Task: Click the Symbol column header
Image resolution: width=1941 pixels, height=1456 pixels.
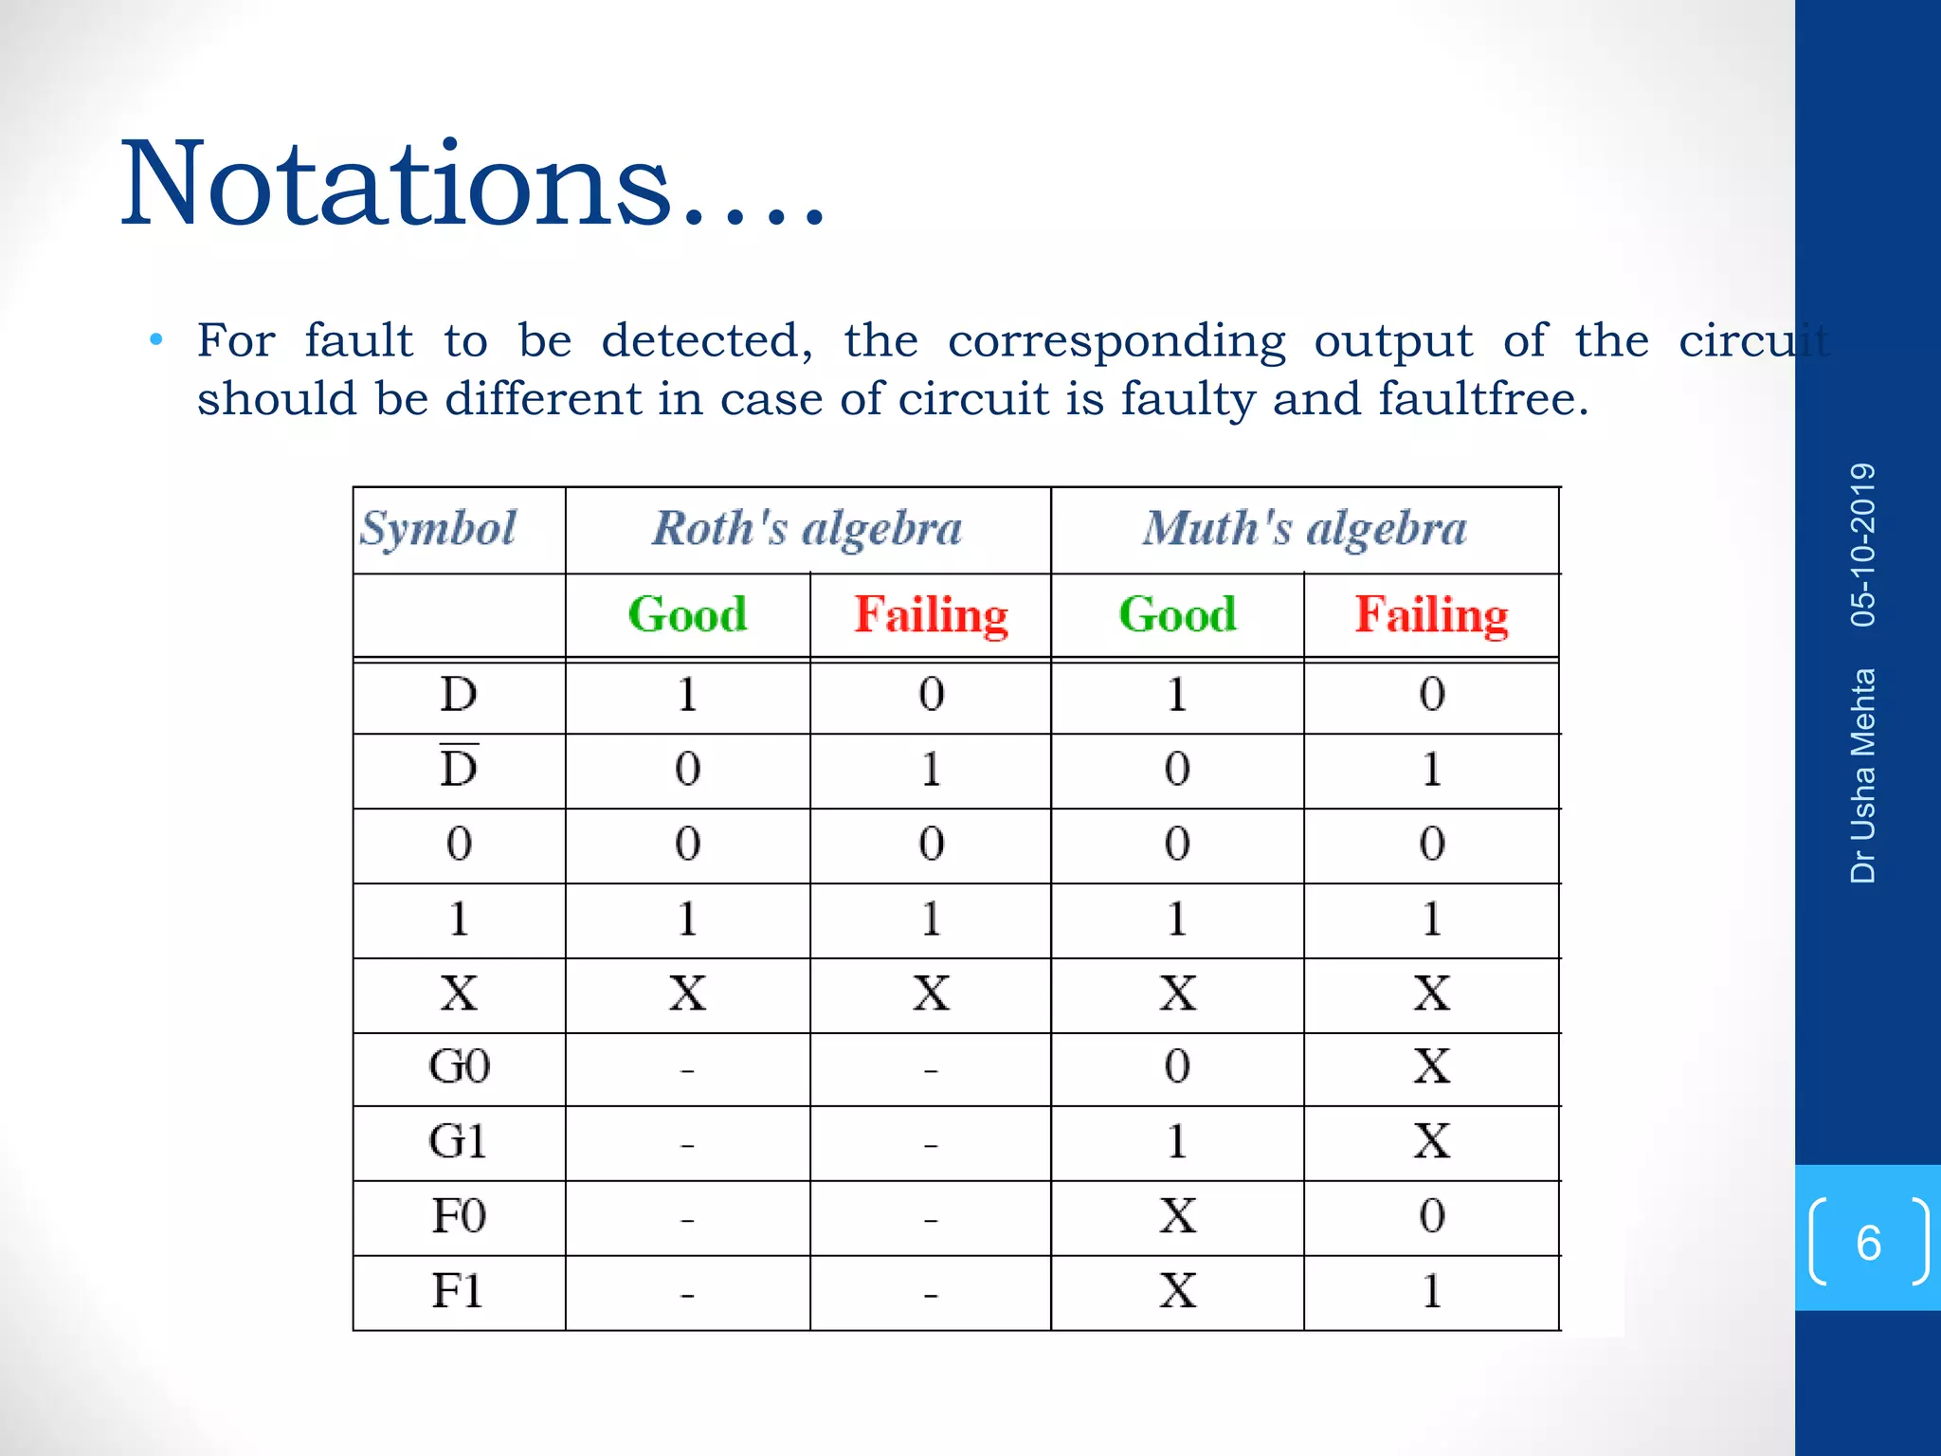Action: tap(438, 528)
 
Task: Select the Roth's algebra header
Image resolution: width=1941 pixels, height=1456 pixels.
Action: tap(807, 528)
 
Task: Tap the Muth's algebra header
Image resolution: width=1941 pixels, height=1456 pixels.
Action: tap(1304, 528)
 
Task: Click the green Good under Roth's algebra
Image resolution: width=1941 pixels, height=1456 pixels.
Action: tap(687, 614)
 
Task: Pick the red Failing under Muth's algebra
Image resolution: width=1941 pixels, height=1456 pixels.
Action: tap(1431, 614)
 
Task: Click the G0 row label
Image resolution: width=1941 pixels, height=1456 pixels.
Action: tap(459, 1066)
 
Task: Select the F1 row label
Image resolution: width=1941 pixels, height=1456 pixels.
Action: tap(459, 1291)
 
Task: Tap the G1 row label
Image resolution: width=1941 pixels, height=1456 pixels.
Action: tap(459, 1141)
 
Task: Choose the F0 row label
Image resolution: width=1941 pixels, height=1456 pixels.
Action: tap(459, 1216)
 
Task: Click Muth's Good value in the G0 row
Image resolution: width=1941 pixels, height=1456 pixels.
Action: tap(1177, 1066)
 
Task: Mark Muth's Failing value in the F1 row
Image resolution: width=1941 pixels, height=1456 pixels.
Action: tap(1431, 1291)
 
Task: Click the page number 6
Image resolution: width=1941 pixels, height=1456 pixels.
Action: tap(1868, 1243)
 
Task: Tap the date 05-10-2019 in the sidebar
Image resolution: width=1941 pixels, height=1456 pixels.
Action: tap(1863, 545)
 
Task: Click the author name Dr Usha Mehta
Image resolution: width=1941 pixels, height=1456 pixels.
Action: tap(1863, 775)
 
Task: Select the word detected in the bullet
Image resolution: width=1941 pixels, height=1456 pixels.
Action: tap(707, 340)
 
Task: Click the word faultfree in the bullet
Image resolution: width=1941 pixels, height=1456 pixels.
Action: tap(1482, 398)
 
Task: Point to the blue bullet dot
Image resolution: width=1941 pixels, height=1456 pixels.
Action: tap(157, 339)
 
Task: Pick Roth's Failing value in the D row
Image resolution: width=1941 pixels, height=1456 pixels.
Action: tap(931, 694)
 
